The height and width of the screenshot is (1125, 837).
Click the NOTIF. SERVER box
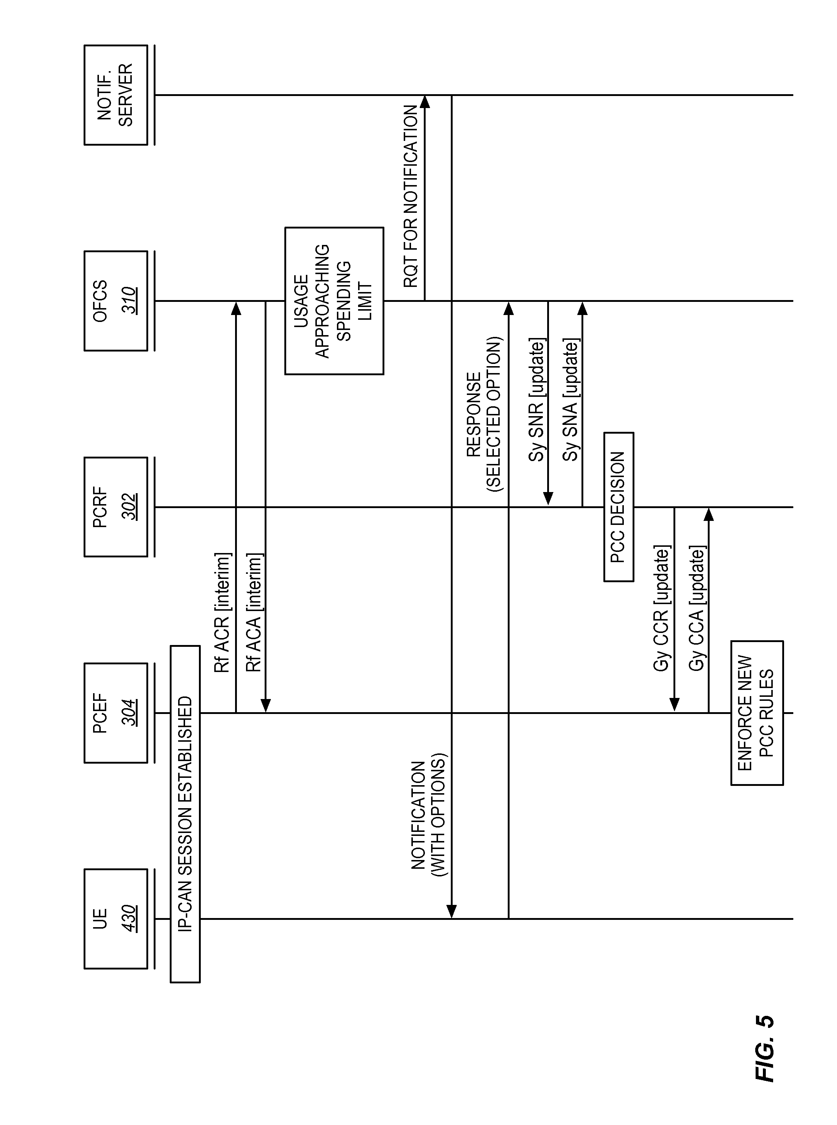click(x=116, y=95)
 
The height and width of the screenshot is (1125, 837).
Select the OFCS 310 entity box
click(x=116, y=301)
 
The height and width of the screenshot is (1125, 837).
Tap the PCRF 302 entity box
click(x=116, y=507)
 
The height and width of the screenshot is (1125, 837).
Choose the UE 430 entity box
click(x=116, y=919)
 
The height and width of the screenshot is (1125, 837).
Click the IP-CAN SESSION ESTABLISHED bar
click(x=185, y=814)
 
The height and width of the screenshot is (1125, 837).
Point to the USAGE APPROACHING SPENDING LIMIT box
click(x=334, y=301)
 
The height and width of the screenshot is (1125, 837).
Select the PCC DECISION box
click(x=619, y=507)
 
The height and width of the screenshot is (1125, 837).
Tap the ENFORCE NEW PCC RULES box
click(x=757, y=713)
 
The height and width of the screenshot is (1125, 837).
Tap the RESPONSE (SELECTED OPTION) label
click(x=484, y=414)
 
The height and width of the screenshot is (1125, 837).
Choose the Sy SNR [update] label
click(x=537, y=400)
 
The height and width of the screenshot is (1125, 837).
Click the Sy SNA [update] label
click(x=571, y=400)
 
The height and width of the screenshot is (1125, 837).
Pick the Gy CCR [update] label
click(x=662, y=608)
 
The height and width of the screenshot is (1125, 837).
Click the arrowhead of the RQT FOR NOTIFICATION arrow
click(x=425, y=100)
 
